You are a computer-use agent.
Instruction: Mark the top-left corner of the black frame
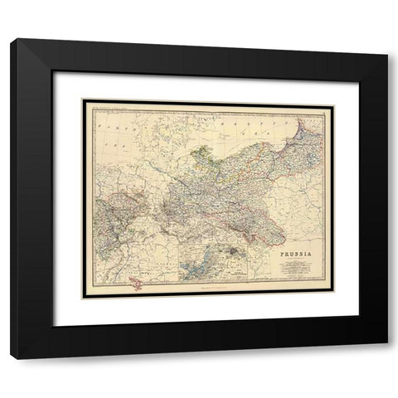(12, 41)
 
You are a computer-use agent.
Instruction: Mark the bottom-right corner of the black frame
(388, 357)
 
